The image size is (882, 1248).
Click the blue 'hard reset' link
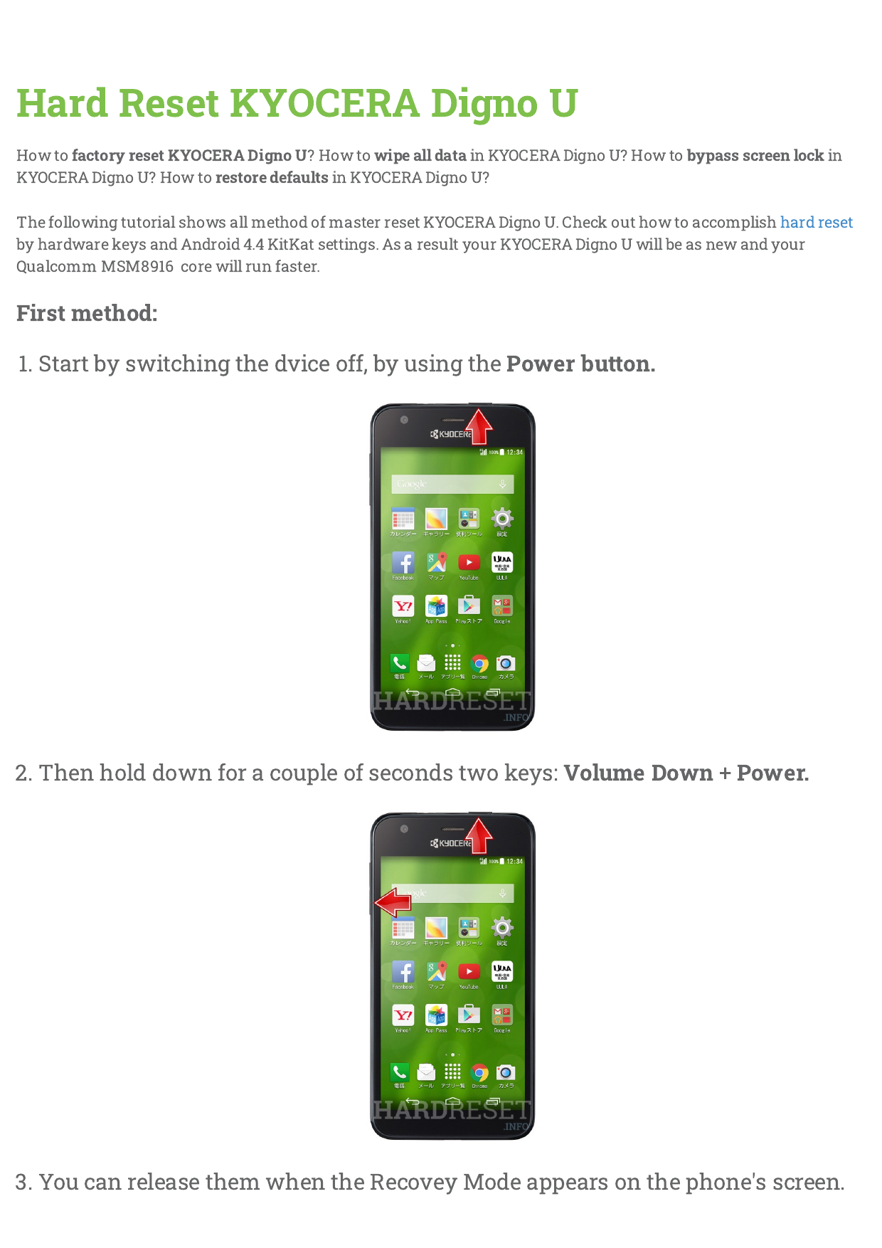click(x=816, y=223)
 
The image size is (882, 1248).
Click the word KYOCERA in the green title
click(x=324, y=103)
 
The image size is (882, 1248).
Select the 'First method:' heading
click(x=87, y=313)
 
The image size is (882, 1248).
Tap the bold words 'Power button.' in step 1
click(x=580, y=364)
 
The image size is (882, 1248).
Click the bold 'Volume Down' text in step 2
click(x=638, y=773)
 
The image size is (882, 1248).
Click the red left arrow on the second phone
click(x=393, y=903)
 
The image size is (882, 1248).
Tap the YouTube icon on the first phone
click(x=469, y=563)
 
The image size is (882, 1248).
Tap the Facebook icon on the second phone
click(x=403, y=972)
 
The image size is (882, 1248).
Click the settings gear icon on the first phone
click(x=502, y=518)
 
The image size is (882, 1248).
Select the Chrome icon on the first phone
click(x=480, y=664)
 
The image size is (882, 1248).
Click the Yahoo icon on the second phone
click(x=403, y=1015)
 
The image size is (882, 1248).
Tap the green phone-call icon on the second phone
click(x=399, y=1072)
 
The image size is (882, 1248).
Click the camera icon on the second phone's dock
click(x=505, y=1072)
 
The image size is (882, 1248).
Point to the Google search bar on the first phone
click(x=452, y=485)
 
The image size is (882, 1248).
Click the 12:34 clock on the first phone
click(x=514, y=453)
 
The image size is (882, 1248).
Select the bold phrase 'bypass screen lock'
click(x=755, y=156)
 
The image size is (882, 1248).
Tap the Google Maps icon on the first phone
click(x=436, y=563)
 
